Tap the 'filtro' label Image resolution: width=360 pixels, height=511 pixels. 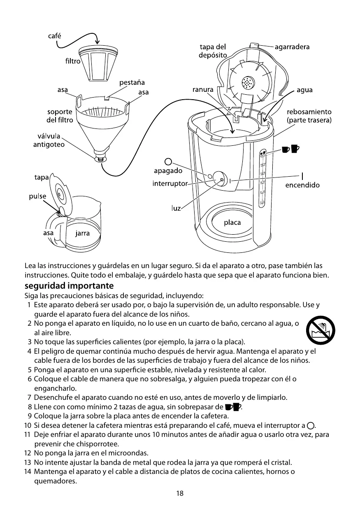tap(72, 61)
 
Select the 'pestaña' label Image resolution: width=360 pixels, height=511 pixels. tap(132, 83)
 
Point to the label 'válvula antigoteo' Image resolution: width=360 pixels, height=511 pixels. tap(49, 140)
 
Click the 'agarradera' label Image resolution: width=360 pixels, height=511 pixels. tap(292, 47)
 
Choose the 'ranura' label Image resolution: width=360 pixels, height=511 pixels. tap(203, 89)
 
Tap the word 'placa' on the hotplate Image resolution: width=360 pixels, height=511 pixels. tap(232, 223)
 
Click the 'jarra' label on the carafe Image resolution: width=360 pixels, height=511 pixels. tap(83, 233)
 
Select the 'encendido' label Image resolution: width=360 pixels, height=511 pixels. tap(302, 185)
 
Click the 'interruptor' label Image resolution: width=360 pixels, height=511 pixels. tap(170, 183)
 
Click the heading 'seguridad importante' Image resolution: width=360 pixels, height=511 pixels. tap(69, 286)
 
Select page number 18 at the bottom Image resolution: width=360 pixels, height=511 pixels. tap(180, 493)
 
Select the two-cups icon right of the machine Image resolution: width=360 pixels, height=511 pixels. tap(290, 149)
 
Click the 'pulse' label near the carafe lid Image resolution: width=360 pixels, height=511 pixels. tap(37, 196)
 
